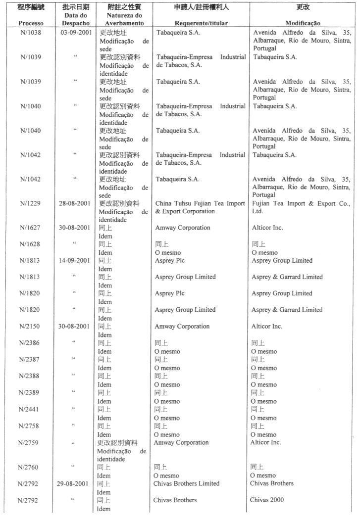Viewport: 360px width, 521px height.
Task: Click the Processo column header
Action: [31, 23]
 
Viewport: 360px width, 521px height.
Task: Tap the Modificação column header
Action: [303, 23]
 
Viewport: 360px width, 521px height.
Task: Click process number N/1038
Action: [31, 33]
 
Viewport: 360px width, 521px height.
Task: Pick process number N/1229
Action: [31, 203]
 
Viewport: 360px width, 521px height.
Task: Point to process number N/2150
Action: [31, 327]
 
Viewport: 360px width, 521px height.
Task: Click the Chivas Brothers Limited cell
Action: [187, 483]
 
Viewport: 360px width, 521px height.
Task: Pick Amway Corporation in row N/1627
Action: [182, 228]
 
